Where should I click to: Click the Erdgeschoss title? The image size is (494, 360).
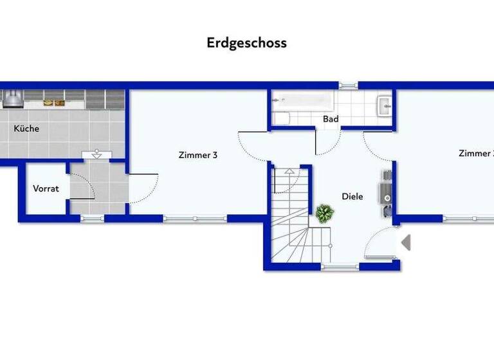246,43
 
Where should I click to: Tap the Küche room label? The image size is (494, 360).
26,129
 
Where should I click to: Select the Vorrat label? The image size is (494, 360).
46,189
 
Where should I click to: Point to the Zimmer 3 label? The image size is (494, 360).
197,154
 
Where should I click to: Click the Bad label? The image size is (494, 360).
331,119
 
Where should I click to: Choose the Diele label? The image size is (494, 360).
352,197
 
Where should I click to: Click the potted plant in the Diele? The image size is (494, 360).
324,213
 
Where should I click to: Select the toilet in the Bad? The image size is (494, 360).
282,118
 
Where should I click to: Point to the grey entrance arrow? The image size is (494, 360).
406,243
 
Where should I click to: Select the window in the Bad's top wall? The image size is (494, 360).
348,85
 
